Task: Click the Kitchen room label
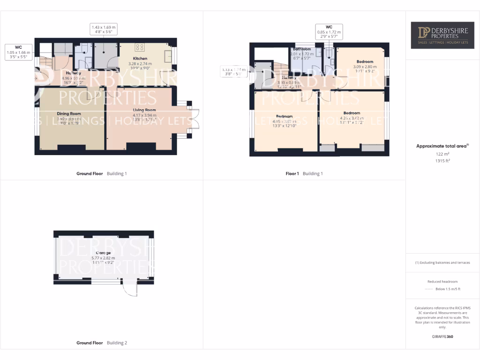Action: coord(140,59)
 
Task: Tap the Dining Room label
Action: coord(69,113)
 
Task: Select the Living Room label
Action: coord(144,110)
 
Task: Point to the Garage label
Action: coord(104,253)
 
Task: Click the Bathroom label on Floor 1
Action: coord(302,49)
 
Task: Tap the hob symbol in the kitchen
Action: coord(140,47)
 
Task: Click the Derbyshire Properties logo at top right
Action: coord(442,35)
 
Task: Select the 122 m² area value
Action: coord(442,154)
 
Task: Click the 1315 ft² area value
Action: coord(442,161)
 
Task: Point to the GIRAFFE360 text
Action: coord(442,337)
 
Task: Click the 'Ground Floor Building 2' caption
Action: coord(102,343)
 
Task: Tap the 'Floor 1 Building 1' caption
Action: coord(304,173)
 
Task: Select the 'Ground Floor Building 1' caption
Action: coord(102,173)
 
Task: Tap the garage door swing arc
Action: coord(129,291)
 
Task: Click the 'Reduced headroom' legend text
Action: coord(442,282)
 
